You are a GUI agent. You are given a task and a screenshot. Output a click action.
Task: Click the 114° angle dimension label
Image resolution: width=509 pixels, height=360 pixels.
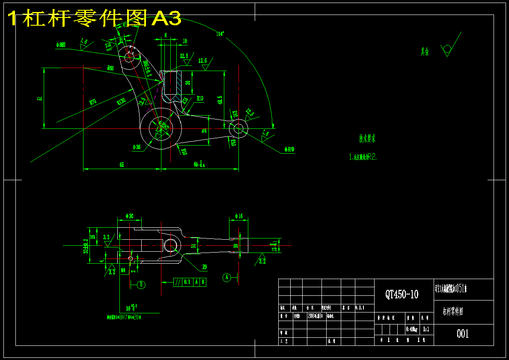(x=220, y=34)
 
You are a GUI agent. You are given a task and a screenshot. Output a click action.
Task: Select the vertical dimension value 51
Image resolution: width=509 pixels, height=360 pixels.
(x=40, y=98)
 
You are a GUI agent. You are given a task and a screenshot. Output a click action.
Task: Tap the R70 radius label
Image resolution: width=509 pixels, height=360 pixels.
(x=92, y=102)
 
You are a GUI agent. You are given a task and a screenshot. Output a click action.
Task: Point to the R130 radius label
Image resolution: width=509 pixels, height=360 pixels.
(x=122, y=101)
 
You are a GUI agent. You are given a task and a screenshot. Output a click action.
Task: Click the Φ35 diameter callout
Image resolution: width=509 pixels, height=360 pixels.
(x=137, y=147)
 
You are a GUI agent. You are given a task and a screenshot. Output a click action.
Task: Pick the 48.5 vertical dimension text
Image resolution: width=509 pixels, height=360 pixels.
(x=220, y=100)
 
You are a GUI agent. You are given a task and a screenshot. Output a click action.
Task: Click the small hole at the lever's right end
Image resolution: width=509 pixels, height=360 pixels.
(x=238, y=128)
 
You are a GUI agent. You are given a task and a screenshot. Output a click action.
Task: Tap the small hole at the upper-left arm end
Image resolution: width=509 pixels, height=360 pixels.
(x=129, y=56)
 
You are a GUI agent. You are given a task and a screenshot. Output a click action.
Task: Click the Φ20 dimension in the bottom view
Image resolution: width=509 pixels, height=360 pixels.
(x=129, y=216)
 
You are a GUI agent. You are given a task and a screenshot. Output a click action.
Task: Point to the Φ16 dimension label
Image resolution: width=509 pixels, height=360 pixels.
(x=238, y=216)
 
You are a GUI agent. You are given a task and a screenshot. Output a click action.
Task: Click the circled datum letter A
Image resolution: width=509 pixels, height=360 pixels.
(x=227, y=277)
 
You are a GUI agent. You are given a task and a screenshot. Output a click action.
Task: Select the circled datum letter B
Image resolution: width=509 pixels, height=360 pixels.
(x=141, y=284)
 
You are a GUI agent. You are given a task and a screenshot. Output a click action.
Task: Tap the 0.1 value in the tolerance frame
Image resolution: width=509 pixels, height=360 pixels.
(x=187, y=282)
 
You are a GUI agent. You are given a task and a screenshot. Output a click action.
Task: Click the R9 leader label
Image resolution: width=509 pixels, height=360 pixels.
(x=205, y=267)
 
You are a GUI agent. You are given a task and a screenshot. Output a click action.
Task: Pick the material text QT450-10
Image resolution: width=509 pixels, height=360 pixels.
(x=402, y=294)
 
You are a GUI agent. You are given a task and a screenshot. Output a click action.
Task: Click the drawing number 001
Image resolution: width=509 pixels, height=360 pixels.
(x=463, y=333)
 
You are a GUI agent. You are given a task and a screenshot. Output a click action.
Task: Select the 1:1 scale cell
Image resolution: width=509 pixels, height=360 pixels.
(x=426, y=329)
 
